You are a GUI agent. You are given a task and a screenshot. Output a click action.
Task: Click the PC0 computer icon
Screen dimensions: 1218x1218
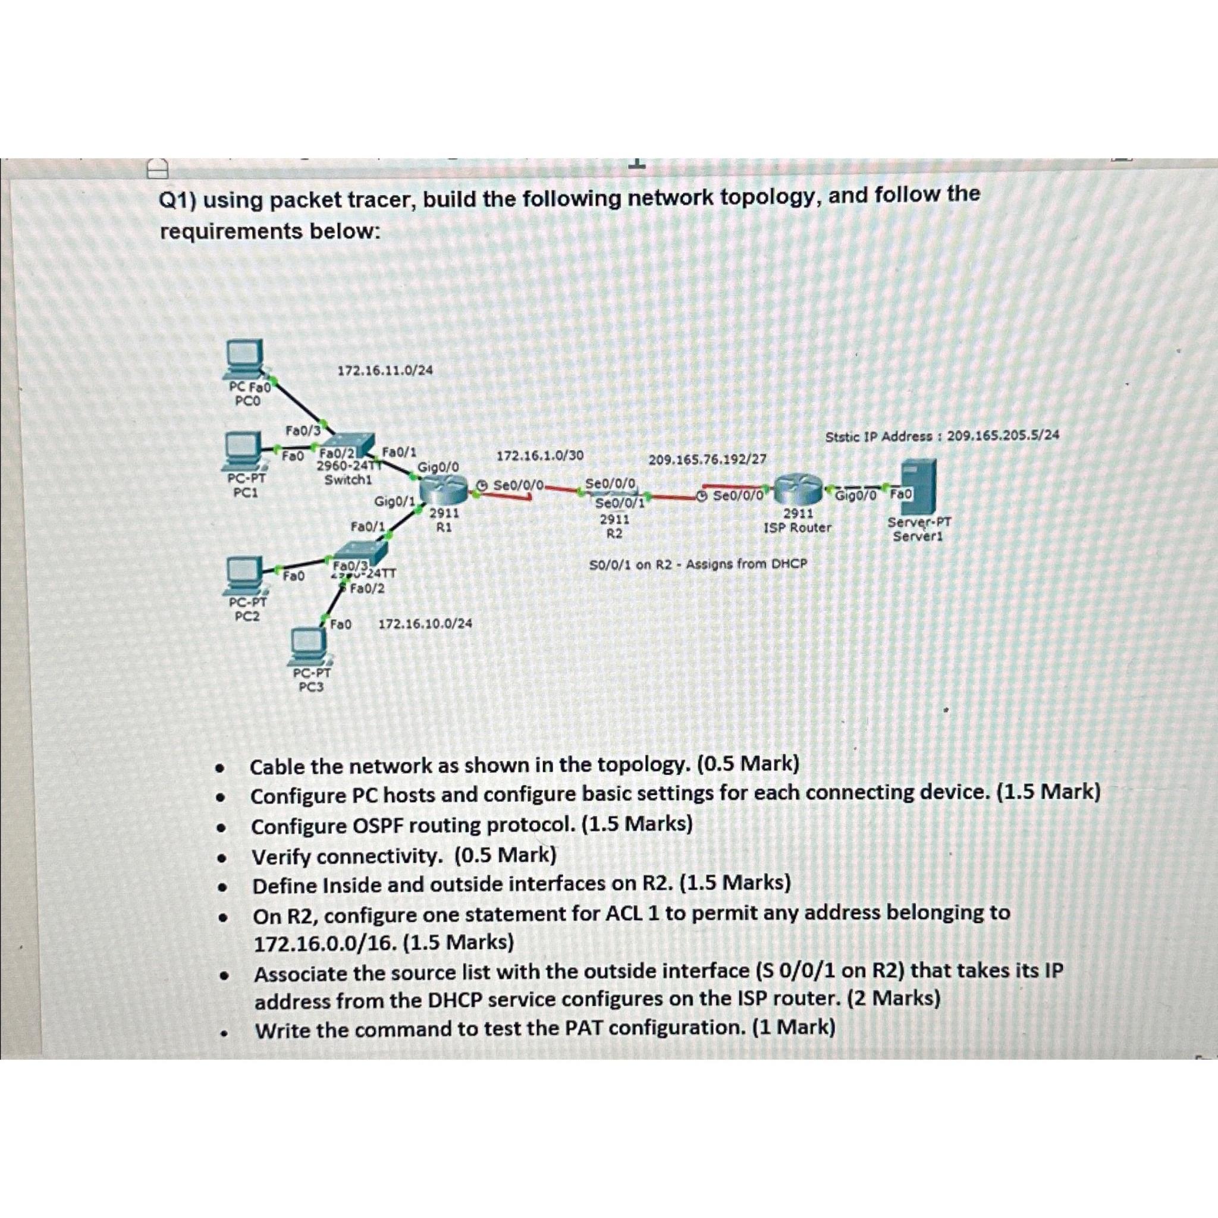(245, 359)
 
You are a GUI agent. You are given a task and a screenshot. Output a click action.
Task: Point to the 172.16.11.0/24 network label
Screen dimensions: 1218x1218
(385, 371)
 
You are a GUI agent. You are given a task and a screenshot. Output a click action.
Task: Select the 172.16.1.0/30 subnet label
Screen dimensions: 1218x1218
(539, 455)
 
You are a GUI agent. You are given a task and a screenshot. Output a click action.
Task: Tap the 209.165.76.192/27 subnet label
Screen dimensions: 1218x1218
(707, 459)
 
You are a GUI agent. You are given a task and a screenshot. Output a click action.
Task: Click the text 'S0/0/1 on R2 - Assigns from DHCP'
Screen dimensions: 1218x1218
(698, 564)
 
